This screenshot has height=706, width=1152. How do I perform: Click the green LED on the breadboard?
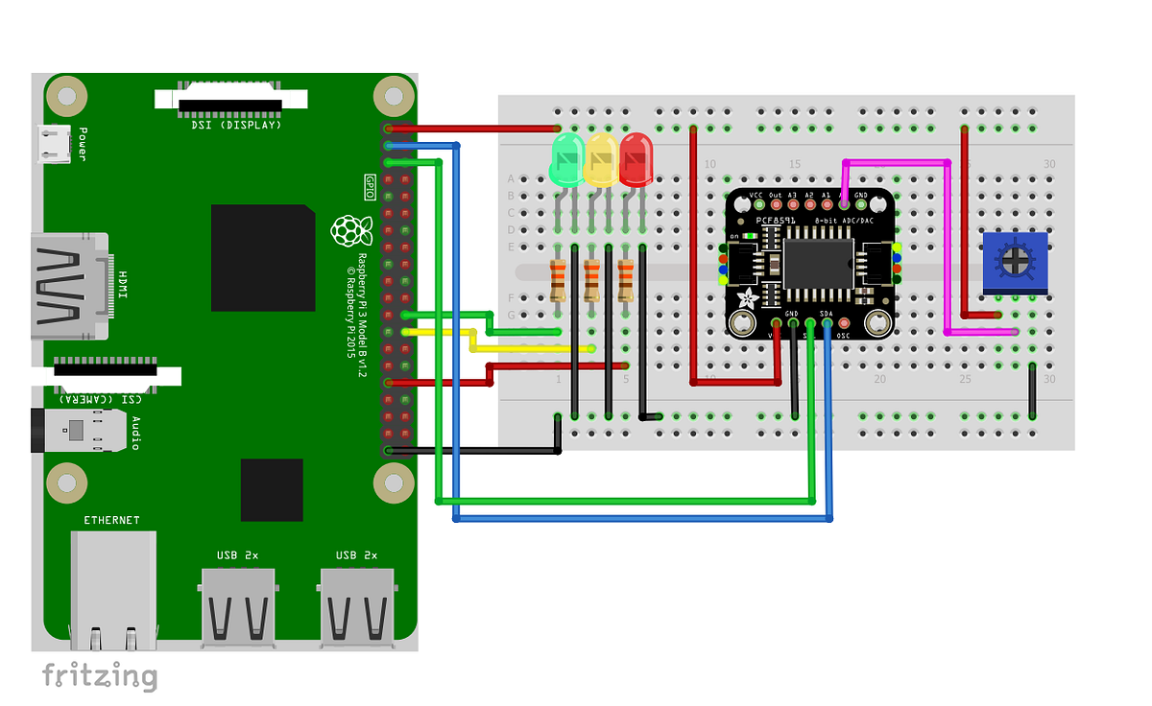(x=566, y=159)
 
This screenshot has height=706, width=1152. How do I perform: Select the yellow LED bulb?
(x=602, y=159)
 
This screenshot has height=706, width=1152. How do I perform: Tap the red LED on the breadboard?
(x=636, y=159)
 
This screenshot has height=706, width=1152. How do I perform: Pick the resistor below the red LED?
(x=627, y=280)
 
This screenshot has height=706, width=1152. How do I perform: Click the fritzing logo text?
(x=99, y=675)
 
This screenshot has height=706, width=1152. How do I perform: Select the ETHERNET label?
(x=111, y=520)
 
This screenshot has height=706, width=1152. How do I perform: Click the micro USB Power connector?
(x=53, y=144)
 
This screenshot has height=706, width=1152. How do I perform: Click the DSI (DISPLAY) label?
(x=230, y=125)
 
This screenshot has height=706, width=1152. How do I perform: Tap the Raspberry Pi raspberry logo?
(x=351, y=231)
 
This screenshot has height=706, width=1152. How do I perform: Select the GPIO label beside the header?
(x=370, y=186)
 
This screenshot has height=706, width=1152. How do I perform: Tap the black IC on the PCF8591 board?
(x=818, y=263)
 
